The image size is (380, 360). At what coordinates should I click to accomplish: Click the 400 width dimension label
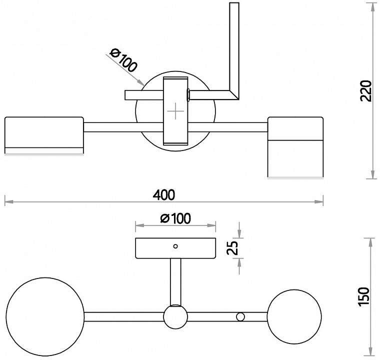pyautogui.click(x=164, y=194)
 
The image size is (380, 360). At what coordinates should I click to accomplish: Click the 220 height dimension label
pyautogui.click(x=366, y=90)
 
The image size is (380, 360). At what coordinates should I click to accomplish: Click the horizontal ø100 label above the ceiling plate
pyautogui.click(x=175, y=218)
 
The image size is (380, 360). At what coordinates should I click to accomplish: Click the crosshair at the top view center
pyautogui.click(x=176, y=111)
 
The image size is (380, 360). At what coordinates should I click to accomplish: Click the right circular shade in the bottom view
pyautogui.click(x=294, y=315)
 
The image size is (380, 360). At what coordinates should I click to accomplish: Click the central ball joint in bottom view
pyautogui.click(x=175, y=317)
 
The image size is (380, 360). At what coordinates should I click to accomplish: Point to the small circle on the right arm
pyautogui.click(x=240, y=316)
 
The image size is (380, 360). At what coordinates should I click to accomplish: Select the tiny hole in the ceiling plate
pyautogui.click(x=175, y=246)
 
